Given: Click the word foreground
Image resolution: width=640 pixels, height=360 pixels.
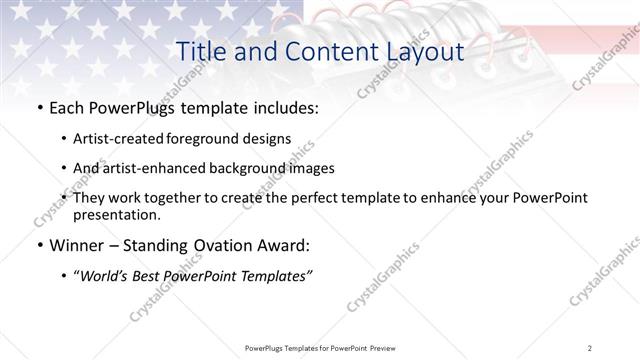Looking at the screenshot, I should coord(216,139).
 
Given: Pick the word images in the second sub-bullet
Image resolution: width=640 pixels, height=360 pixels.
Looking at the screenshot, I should coord(307,169).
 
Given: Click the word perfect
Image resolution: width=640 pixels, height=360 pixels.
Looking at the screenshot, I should coord(322,199).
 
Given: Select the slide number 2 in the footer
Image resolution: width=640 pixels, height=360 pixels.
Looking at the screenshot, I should coord(592,347).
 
